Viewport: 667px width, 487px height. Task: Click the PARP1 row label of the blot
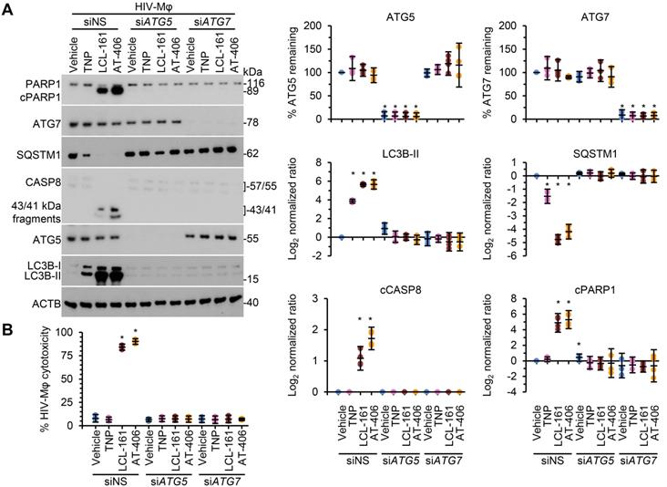[x=19, y=83]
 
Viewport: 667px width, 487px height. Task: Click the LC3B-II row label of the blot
[x=23, y=277]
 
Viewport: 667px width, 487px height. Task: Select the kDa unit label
[x=256, y=70]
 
